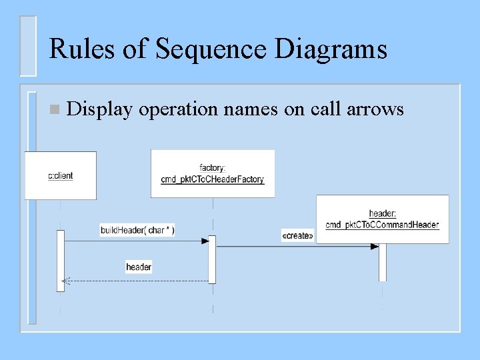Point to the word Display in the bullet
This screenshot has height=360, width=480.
coord(101,109)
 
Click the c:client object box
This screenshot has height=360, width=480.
coord(61,175)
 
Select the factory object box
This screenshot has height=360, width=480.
coord(213,173)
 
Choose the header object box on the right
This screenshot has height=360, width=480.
coord(382,219)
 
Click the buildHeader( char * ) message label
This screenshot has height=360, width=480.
coord(137,230)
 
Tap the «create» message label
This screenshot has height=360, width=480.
coord(297,235)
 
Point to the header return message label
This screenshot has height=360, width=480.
coord(139,267)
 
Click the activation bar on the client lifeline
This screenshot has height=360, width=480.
coord(61,261)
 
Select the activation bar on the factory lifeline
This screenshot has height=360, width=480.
coord(212,259)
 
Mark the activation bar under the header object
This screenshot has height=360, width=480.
coord(383,263)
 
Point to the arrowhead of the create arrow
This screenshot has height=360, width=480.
coord(375,246)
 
